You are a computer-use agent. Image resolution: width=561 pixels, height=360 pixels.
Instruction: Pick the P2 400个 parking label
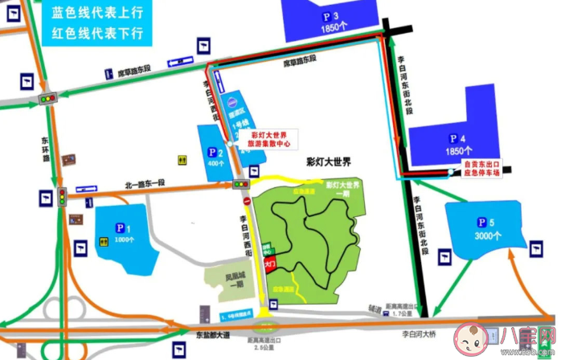215,157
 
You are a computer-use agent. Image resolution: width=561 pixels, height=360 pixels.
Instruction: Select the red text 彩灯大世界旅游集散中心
270,139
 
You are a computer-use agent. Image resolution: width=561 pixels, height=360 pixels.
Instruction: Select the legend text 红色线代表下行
96,33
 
